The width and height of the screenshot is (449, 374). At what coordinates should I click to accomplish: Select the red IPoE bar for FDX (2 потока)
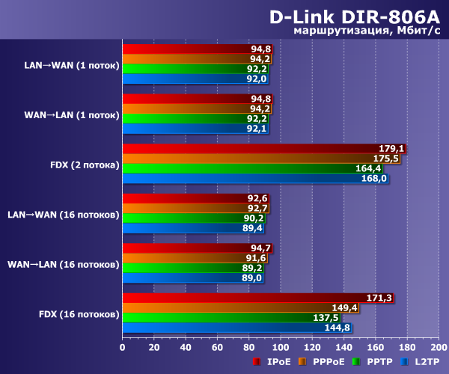(262, 148)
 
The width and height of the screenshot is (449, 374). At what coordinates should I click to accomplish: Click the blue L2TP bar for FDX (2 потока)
(254, 178)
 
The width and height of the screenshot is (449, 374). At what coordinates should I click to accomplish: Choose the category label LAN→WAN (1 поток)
(72, 65)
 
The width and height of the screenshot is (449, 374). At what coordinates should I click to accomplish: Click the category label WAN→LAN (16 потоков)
(64, 264)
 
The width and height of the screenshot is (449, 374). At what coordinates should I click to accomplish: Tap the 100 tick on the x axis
(280, 347)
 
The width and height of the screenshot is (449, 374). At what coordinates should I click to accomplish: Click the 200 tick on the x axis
(438, 347)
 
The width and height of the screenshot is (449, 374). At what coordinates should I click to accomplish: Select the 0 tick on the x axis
(122, 347)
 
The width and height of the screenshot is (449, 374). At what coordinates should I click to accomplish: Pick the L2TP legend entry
(423, 362)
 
